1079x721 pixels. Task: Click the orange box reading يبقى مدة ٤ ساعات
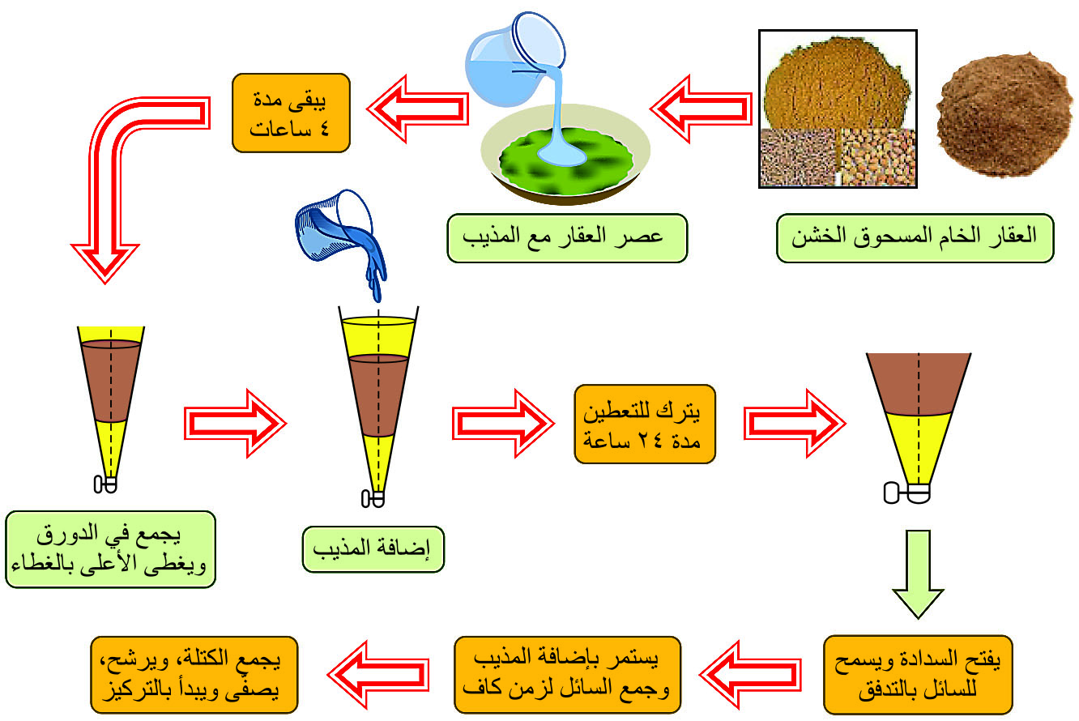point(291,113)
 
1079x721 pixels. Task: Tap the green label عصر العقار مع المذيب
point(567,238)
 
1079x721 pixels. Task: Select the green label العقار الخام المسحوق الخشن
point(915,238)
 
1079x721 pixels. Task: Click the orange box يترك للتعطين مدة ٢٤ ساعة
point(645,424)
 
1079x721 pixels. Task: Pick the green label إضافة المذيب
point(373,549)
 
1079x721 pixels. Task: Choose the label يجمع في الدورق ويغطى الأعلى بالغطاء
point(110,549)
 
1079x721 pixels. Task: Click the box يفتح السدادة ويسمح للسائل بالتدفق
point(918,674)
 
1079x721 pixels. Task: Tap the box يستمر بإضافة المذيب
point(567,674)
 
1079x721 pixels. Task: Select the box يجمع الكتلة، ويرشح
point(194,674)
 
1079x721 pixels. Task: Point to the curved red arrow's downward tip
point(105,282)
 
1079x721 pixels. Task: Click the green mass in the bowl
point(566,161)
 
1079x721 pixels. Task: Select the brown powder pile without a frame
point(1004,114)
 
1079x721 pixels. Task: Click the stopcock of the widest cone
point(906,493)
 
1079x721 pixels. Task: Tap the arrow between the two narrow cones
point(235,424)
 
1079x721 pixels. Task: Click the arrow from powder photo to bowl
point(701,109)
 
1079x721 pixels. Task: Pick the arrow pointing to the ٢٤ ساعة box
point(503,424)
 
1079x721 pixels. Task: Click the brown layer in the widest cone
point(918,384)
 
